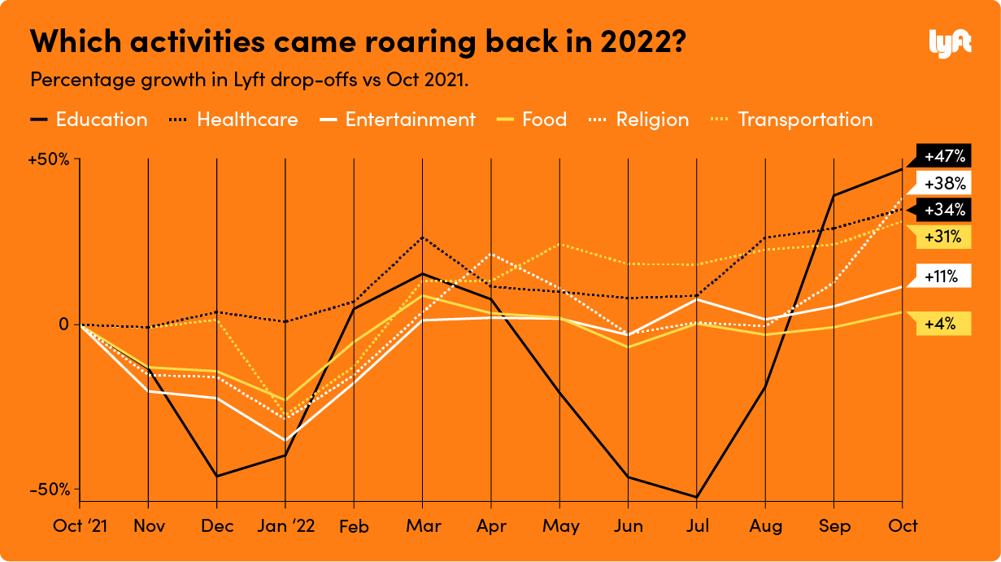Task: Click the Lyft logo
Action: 950,41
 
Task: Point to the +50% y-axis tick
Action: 49,159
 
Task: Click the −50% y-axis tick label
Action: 49,490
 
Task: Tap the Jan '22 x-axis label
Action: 285,525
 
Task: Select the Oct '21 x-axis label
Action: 80,525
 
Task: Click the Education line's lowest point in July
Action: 697,497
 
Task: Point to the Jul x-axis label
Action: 697,525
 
